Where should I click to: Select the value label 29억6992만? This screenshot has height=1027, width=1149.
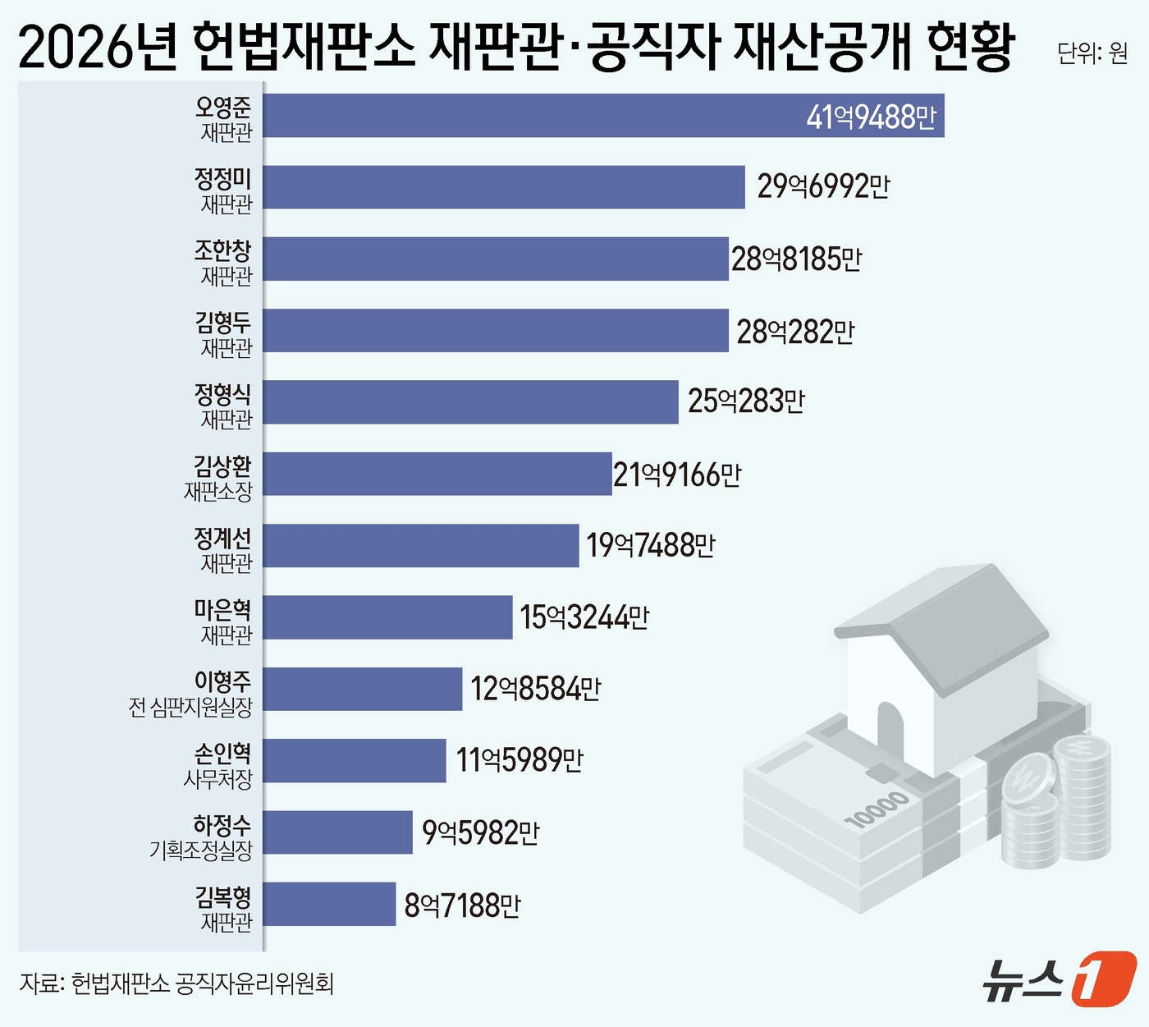822,187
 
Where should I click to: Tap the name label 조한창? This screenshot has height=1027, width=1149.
222,250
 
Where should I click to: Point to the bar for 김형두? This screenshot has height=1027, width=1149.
496,331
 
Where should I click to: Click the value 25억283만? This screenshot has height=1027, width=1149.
745,401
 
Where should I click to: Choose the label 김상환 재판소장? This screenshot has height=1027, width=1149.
219,479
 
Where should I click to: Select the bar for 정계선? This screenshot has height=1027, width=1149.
421,546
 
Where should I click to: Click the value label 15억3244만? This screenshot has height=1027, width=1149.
584,617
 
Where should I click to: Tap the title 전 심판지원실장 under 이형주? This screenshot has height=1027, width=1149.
190,708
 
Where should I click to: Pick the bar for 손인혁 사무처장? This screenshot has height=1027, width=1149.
355,760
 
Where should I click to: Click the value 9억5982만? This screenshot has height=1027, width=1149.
480,832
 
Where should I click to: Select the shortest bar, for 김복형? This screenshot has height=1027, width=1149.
329,904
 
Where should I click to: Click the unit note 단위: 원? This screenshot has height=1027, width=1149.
1092,53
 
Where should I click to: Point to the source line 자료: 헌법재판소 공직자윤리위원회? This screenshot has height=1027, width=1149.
176,983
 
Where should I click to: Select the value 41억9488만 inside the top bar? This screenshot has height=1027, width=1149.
870,117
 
